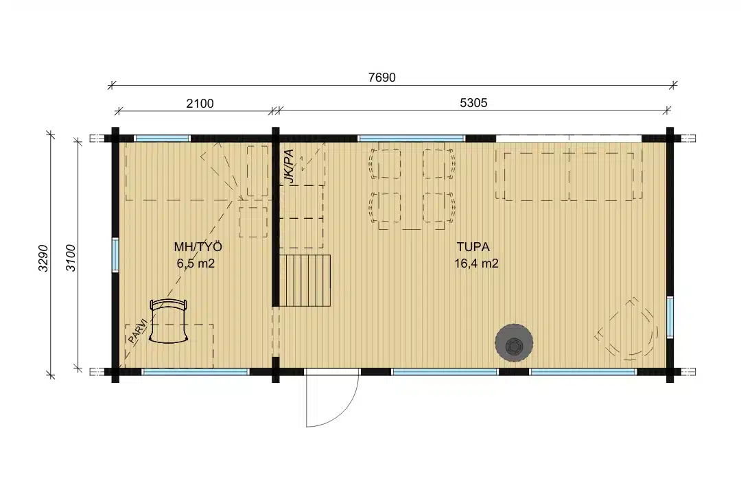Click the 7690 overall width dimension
pyautogui.click(x=382, y=78)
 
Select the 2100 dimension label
pyautogui.click(x=200, y=104)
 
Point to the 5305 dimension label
pyautogui.click(x=473, y=103)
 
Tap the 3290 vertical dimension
pyautogui.click(x=43, y=258)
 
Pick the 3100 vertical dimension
pyautogui.click(x=71, y=258)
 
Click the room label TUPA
pyautogui.click(x=473, y=247)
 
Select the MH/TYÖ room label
pyautogui.click(x=198, y=247)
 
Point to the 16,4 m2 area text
pyautogui.click(x=476, y=263)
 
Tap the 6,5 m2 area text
pyautogui.click(x=196, y=263)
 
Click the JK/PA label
pyautogui.click(x=289, y=166)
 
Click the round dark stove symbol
pyautogui.click(x=514, y=343)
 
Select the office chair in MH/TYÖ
pyautogui.click(x=169, y=321)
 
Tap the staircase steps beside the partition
pyautogui.click(x=305, y=281)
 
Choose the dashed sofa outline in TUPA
pyautogui.click(x=569, y=176)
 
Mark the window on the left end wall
pyautogui.click(x=115, y=255)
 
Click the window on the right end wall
pyautogui.click(x=670, y=317)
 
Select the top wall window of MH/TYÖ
pyautogui.click(x=163, y=139)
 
